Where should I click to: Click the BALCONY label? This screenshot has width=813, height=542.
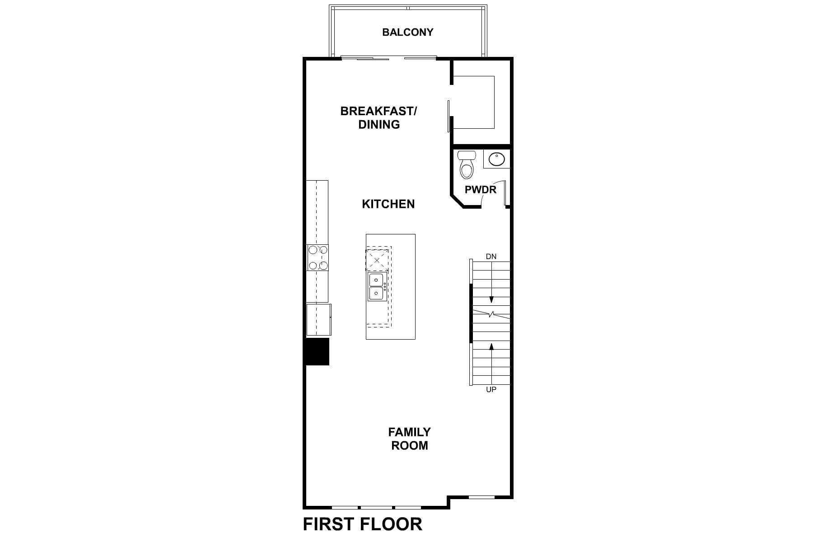407,32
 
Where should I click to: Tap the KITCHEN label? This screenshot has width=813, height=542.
388,204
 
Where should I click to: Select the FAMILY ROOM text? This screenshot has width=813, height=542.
409,439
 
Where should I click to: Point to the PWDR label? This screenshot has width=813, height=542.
480,190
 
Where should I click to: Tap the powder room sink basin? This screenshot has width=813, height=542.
496,159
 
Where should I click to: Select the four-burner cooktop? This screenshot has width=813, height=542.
318,257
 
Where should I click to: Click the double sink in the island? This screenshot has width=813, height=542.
376,287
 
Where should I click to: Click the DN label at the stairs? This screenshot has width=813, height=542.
491,257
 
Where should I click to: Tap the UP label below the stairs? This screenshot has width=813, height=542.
491,389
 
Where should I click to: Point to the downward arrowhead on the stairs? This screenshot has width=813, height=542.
491,300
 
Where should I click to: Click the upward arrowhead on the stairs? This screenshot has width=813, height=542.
491,346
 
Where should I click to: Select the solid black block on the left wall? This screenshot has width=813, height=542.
318,351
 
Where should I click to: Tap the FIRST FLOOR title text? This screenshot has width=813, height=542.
362,524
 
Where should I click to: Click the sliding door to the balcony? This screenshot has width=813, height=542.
388,58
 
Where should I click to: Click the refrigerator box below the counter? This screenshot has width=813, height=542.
318,319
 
